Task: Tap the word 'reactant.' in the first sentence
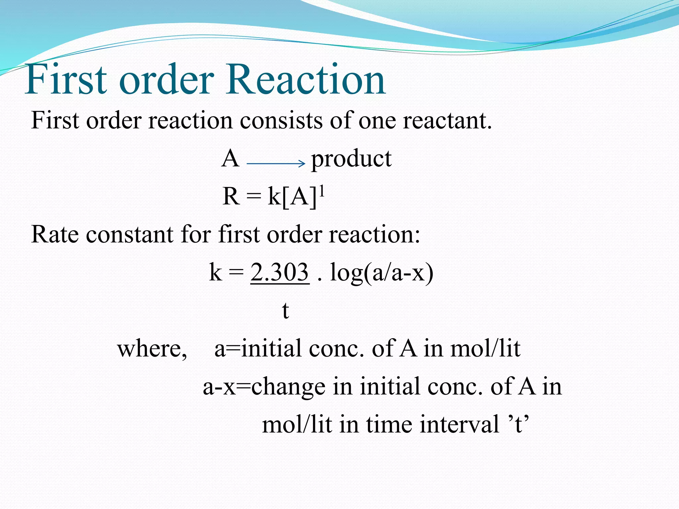tap(447, 121)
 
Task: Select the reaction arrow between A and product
tap(276, 163)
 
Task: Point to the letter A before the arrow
tap(230, 158)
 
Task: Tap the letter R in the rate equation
tap(231, 197)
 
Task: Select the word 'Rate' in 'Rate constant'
tap(55, 235)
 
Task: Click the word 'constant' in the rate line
tap(130, 235)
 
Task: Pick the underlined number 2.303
tap(279, 272)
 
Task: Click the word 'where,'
tap(152, 349)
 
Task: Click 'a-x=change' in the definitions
tap(264, 387)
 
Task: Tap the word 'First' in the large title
tap(66, 80)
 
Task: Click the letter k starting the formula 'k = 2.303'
tap(215, 272)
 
